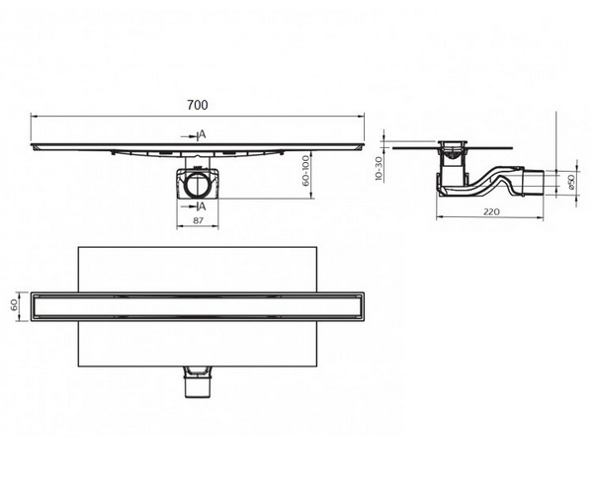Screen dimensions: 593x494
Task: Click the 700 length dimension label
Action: click(198, 105)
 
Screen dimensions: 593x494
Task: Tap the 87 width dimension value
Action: click(198, 220)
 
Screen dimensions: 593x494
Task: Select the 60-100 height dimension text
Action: click(305, 171)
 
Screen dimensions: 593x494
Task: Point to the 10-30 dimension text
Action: click(379, 169)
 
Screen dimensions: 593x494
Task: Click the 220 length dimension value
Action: click(491, 211)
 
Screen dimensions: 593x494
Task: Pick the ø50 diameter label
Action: click(571, 182)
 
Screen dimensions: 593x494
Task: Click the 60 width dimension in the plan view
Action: click(14, 305)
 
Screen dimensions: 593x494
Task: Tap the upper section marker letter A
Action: click(203, 134)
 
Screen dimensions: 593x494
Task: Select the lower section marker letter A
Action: click(203, 206)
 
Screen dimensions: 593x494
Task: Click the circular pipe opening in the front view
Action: click(198, 186)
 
